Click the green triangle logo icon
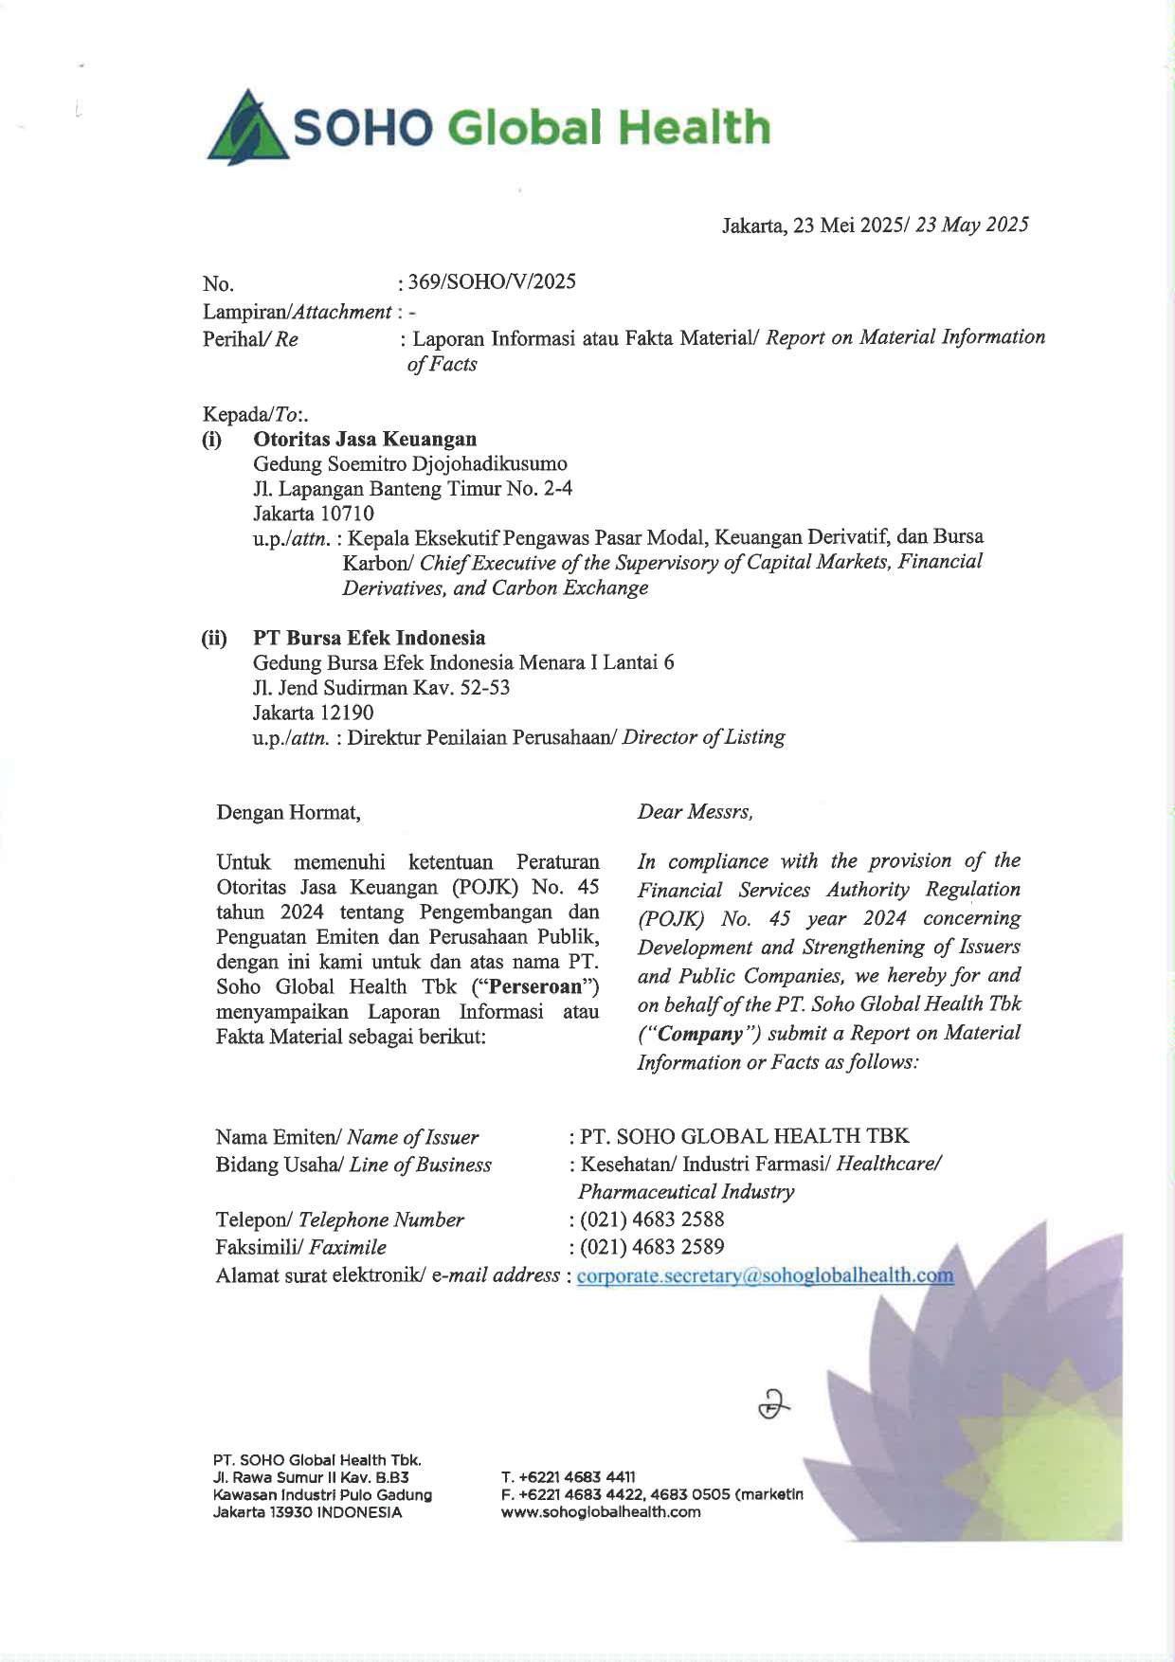(248, 128)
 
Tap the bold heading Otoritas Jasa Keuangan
(365, 439)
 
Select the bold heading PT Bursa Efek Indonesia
(369, 638)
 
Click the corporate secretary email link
(765, 1275)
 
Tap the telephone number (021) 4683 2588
(652, 1219)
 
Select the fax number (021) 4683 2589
(652, 1247)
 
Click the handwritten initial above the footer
(774, 1404)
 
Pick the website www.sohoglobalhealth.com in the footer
(601, 1512)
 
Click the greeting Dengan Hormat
(288, 812)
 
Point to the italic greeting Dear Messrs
(695, 812)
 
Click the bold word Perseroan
(535, 986)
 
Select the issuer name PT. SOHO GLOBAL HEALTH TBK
(745, 1136)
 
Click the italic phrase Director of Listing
(703, 737)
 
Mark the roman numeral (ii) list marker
(214, 638)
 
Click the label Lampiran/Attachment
(297, 311)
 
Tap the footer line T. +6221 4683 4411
(569, 1477)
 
